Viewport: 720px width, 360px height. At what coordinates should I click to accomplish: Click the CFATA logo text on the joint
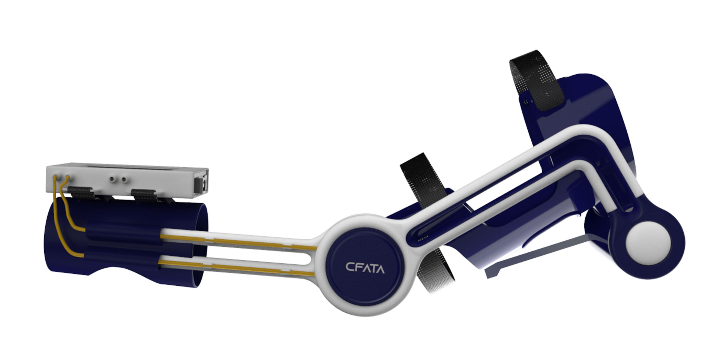364,268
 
